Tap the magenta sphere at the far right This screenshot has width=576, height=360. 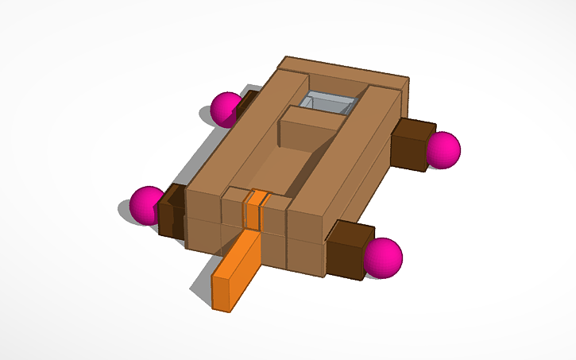pos(443,149)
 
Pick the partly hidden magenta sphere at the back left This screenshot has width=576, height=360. pos(226,108)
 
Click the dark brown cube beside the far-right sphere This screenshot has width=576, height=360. pos(413,143)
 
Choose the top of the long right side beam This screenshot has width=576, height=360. pos(349,151)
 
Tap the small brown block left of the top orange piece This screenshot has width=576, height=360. pos(234,206)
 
